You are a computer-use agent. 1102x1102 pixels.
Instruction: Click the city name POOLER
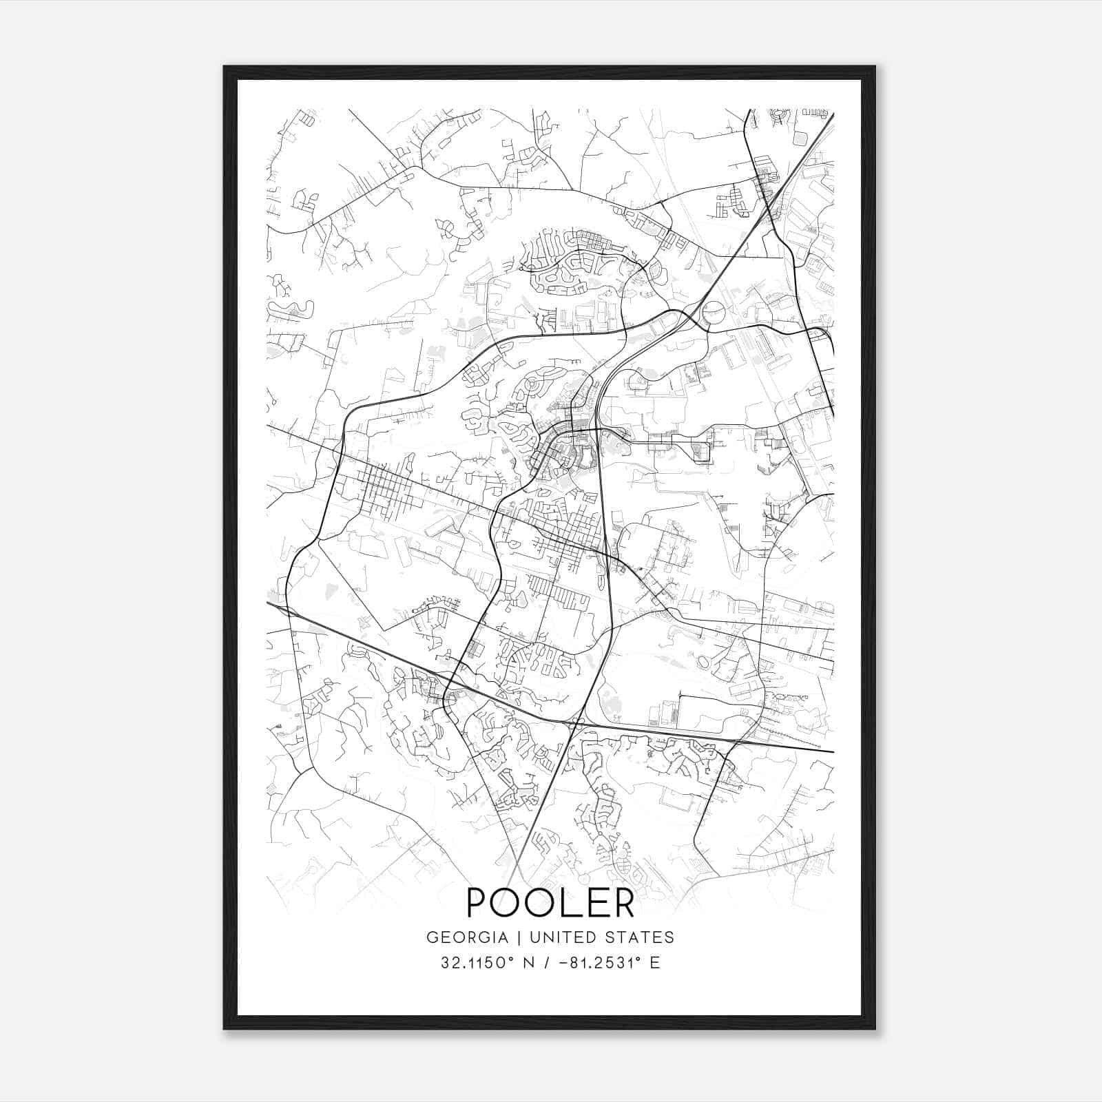[550, 902]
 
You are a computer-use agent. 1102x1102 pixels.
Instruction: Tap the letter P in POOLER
[479, 902]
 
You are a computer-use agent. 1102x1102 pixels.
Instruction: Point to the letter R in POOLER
[622, 902]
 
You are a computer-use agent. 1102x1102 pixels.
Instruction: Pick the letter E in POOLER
[593, 902]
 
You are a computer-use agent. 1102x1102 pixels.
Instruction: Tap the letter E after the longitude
[655, 963]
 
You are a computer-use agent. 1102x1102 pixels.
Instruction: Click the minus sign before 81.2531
[565, 964]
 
